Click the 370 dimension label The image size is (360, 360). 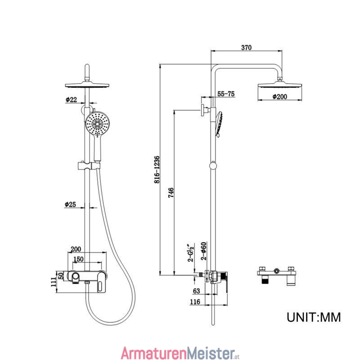(x=246, y=48)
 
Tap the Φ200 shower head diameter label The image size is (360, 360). (x=279, y=97)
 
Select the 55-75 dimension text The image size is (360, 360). (x=226, y=94)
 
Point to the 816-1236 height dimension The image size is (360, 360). (x=157, y=170)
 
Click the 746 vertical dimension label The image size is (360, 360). (x=171, y=193)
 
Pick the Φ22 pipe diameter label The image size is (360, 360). (x=71, y=99)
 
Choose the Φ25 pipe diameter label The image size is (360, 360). (x=70, y=204)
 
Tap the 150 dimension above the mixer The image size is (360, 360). (x=78, y=259)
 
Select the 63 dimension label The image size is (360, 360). (x=197, y=291)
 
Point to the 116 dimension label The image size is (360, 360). (x=195, y=301)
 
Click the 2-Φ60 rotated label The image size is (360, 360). (x=204, y=251)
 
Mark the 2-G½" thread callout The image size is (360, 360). (x=191, y=253)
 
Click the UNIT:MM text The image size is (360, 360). (x=314, y=317)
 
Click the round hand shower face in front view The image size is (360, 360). (x=98, y=124)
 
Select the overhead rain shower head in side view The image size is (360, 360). (x=279, y=85)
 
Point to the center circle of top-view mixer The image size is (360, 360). (x=277, y=271)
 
